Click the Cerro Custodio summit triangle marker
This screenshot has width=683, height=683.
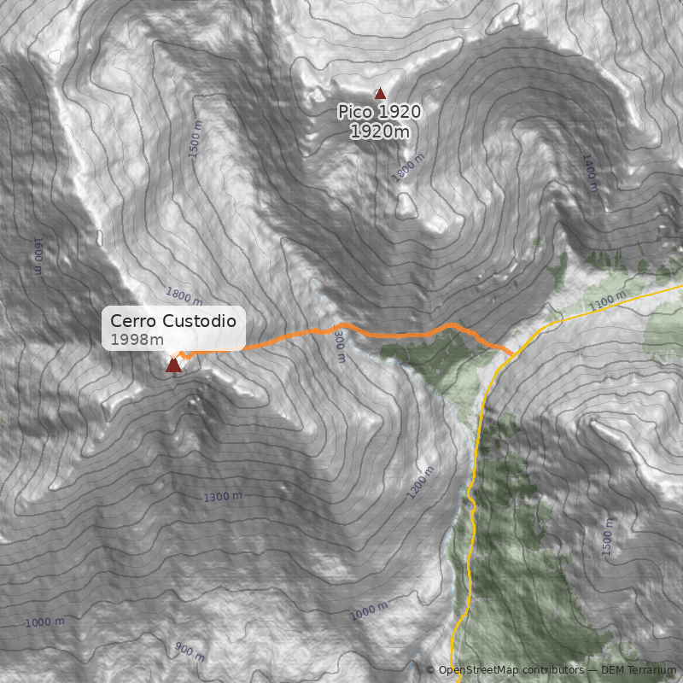173,365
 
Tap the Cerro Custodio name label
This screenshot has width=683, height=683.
173,322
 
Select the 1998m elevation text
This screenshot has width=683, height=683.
137,340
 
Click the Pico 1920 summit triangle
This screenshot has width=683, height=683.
380,93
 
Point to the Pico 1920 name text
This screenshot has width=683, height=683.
379,112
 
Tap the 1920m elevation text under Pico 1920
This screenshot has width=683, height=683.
379,131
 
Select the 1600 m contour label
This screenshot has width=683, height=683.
38,255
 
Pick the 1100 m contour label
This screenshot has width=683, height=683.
607,301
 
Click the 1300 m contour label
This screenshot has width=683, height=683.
223,497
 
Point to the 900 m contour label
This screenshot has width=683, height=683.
190,652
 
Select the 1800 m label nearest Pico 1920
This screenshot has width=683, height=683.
408,166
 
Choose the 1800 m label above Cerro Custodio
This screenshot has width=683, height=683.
184,296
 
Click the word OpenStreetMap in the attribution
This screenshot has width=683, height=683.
479,670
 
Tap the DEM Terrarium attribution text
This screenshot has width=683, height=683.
638,670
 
